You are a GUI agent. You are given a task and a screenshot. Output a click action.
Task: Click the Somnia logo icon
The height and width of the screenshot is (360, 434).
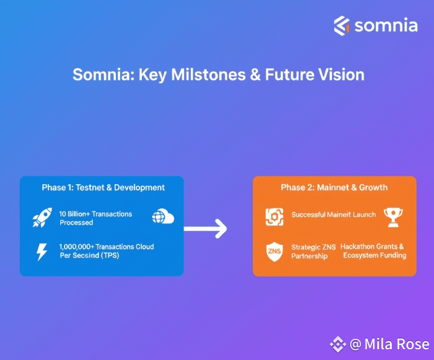[x=342, y=25]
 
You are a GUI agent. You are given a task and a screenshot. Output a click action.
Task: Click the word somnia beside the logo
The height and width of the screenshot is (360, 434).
[x=386, y=25]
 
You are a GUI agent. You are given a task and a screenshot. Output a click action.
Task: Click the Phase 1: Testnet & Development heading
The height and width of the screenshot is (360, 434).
[x=103, y=187]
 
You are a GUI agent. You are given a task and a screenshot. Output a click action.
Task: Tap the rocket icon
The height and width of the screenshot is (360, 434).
[x=42, y=218]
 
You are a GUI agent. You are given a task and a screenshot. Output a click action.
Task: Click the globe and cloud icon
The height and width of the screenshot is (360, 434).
[x=163, y=217]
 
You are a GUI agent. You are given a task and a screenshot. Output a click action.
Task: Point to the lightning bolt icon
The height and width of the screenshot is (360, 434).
[x=42, y=251]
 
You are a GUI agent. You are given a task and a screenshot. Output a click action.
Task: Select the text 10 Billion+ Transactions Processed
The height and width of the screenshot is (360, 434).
[x=95, y=218]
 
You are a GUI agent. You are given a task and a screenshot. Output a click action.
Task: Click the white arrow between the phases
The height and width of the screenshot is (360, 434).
[x=205, y=229]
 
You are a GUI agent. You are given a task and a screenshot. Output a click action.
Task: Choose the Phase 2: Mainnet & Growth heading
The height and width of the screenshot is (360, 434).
[x=334, y=187]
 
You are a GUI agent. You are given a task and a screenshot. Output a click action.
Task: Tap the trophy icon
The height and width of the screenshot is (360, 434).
[x=393, y=216]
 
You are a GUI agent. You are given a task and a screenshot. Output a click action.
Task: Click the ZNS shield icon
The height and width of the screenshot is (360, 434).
[x=274, y=251]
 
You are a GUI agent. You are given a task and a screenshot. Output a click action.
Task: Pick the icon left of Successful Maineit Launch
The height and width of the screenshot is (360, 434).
[x=274, y=217]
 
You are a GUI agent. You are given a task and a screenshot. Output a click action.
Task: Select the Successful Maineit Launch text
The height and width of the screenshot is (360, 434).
[x=333, y=215]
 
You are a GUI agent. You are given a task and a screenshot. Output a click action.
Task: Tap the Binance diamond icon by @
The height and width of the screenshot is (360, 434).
[x=337, y=344]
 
